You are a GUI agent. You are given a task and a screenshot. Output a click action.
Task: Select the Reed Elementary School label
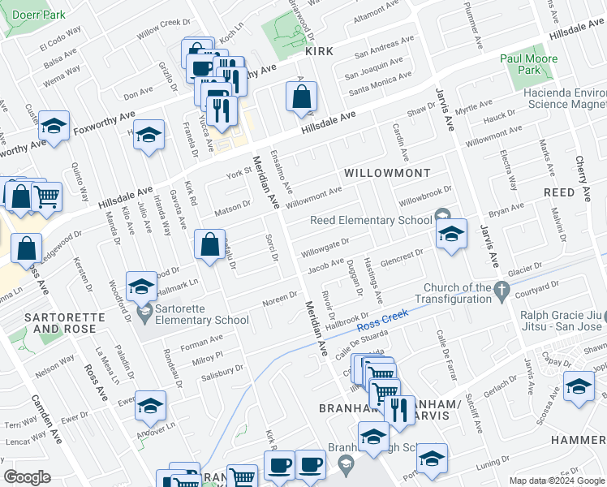point(372,220)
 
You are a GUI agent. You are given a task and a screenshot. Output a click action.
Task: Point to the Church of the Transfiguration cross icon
point(502,288)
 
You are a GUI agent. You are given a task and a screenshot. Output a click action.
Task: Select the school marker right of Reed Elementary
point(450,235)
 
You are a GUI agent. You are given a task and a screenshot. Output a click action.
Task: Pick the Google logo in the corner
point(27,477)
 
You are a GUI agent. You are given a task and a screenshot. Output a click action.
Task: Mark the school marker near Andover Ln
point(150,406)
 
